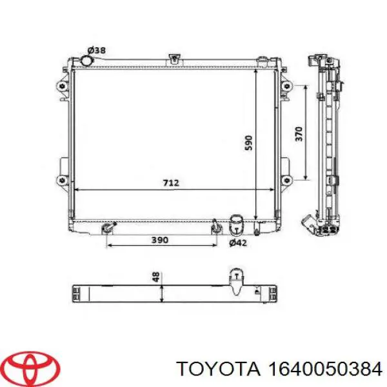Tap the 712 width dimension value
pos(170,183)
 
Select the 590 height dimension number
pos(249,143)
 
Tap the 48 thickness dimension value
pos(155,278)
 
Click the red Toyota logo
pos(30,368)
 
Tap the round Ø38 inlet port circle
pos(86,61)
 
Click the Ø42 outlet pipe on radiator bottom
pos(237,227)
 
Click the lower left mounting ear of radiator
pos(63,179)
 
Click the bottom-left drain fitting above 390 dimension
pos(108,227)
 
